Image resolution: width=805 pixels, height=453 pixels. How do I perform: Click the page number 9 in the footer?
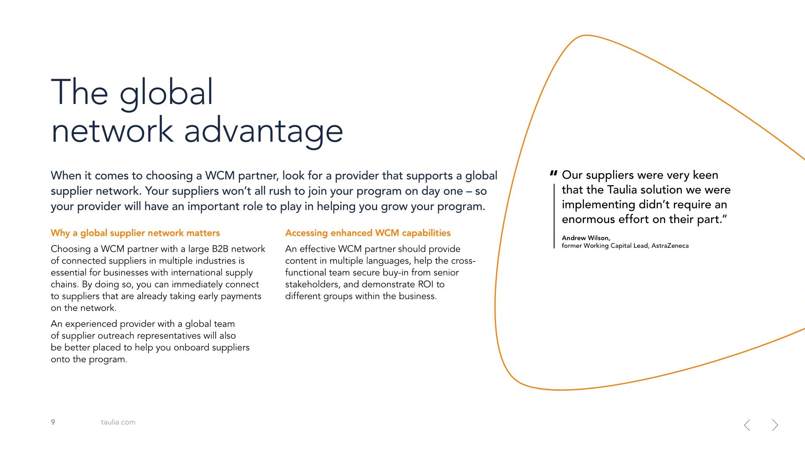point(53,422)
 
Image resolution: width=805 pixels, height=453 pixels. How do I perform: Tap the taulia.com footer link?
point(118,422)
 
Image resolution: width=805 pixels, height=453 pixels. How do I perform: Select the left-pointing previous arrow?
point(747,425)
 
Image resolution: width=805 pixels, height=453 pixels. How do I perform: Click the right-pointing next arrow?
point(775,425)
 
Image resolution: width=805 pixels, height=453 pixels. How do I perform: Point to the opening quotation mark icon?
point(553,174)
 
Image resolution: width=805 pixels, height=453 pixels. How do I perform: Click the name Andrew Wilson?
point(586,238)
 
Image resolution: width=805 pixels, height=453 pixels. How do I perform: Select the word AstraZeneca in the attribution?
point(670,246)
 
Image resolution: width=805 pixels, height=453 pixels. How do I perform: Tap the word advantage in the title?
point(263,131)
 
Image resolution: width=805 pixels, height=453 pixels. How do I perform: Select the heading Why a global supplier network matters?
point(135,233)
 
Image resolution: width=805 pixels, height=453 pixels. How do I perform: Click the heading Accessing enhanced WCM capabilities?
point(368,233)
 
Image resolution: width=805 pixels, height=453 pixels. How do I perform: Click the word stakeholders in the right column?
point(312,284)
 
